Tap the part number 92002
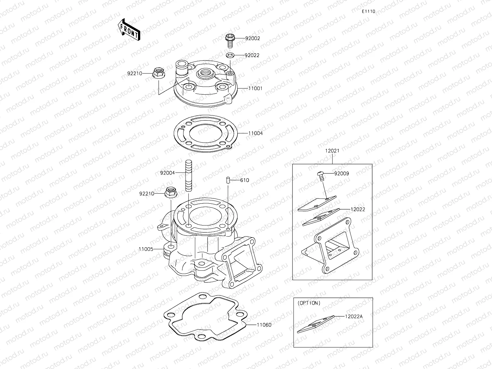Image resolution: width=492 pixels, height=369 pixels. [x=253, y=38]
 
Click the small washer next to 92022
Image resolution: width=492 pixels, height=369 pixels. [x=230, y=55]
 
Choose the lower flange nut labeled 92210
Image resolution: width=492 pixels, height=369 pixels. [x=171, y=193]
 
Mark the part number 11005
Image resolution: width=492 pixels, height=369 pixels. [x=146, y=249]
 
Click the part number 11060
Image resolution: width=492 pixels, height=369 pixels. [x=264, y=325]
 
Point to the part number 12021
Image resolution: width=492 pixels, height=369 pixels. [x=332, y=151]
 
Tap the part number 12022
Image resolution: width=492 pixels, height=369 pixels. [x=358, y=209]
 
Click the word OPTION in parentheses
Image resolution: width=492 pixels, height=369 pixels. [x=309, y=303]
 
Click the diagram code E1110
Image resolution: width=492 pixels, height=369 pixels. [x=368, y=11]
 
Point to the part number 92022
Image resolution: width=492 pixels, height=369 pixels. [x=252, y=55]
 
